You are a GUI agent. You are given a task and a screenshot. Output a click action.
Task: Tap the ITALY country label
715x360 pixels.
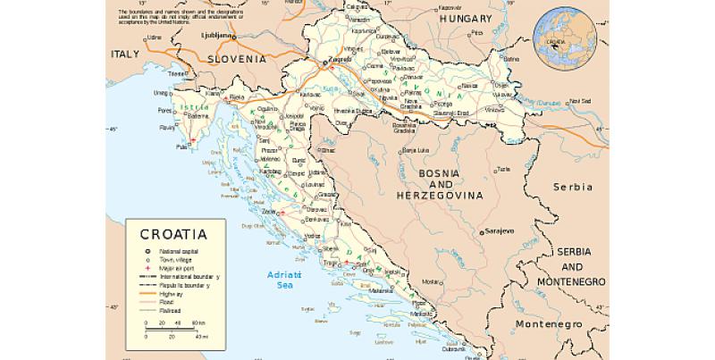coord(126,54)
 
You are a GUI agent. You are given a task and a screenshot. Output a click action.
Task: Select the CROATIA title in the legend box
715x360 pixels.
coord(173,235)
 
